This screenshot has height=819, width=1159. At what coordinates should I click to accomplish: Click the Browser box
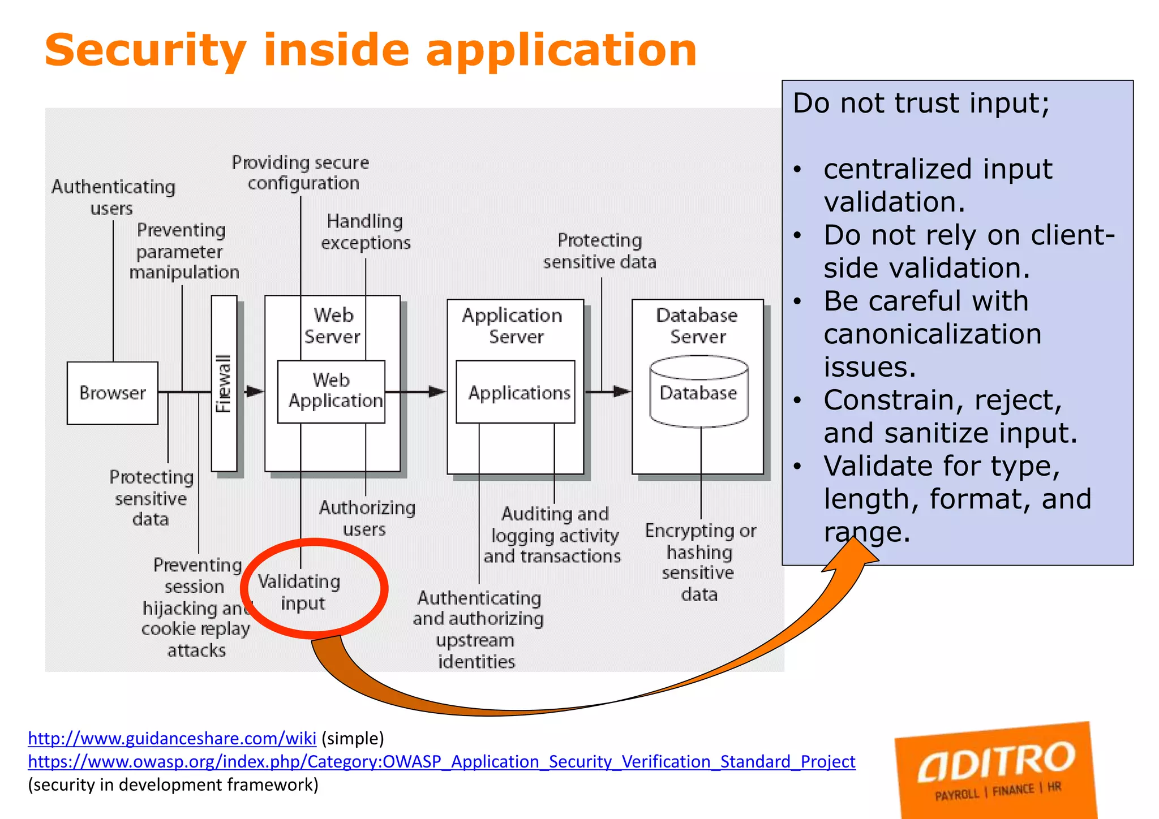point(112,393)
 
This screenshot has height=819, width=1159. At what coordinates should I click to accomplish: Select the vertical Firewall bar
point(224,383)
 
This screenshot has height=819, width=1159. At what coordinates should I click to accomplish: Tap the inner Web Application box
point(332,391)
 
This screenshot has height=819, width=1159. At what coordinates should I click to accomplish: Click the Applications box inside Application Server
point(516,393)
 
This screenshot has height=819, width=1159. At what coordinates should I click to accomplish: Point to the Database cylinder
point(699,391)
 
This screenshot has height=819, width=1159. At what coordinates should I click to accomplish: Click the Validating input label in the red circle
point(300,592)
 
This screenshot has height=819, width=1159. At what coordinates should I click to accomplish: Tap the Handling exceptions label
point(366,232)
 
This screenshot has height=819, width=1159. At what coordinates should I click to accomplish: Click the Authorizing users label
point(367,518)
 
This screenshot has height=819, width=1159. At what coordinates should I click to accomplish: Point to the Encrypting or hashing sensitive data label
point(700,562)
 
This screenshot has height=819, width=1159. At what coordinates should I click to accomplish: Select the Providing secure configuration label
point(301,173)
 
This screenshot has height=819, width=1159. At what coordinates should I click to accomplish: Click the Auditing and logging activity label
point(553,534)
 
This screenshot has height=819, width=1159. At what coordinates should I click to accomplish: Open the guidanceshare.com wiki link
point(172,738)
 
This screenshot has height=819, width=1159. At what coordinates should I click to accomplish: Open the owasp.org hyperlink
point(441,761)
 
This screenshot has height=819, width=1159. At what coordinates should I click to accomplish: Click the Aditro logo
point(996,769)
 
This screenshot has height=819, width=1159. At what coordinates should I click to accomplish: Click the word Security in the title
point(146,51)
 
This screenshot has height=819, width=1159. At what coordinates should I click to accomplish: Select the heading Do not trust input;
point(921,104)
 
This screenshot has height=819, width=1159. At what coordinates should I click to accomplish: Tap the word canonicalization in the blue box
point(932,334)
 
